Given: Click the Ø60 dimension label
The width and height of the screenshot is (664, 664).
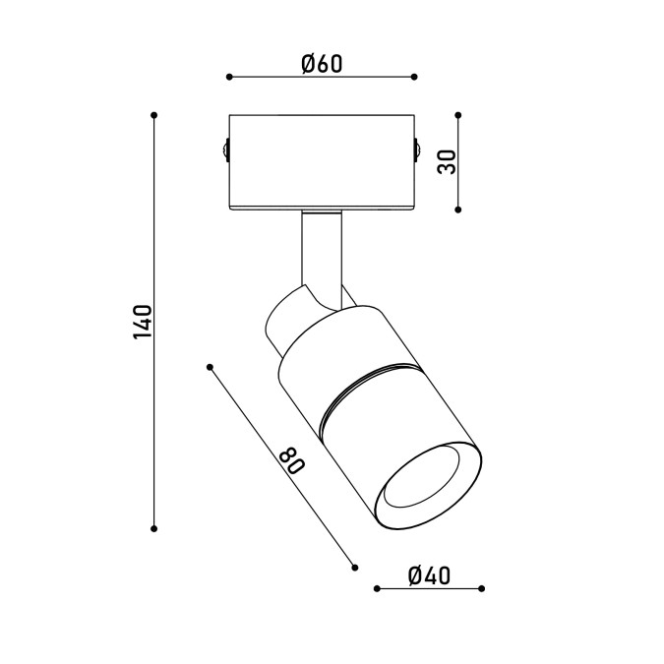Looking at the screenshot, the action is pyautogui.click(x=322, y=64).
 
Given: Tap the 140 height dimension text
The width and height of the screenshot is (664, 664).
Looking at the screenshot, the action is pyautogui.click(x=143, y=322).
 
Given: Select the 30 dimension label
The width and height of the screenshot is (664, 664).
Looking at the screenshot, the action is pyautogui.click(x=448, y=161).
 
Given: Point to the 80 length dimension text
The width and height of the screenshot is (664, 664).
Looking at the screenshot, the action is pyautogui.click(x=292, y=461).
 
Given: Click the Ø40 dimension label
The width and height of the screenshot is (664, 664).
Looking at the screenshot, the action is pyautogui.click(x=430, y=575).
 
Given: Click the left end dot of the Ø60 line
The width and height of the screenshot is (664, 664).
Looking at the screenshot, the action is pyautogui.click(x=229, y=77).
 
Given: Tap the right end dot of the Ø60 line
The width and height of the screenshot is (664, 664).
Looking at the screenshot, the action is pyautogui.click(x=414, y=77).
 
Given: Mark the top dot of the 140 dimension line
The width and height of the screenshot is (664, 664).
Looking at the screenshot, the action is pyautogui.click(x=154, y=115).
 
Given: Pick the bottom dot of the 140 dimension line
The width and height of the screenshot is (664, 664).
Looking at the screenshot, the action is pyautogui.click(x=154, y=528).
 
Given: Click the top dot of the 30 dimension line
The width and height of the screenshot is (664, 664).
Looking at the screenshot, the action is pyautogui.click(x=457, y=115).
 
